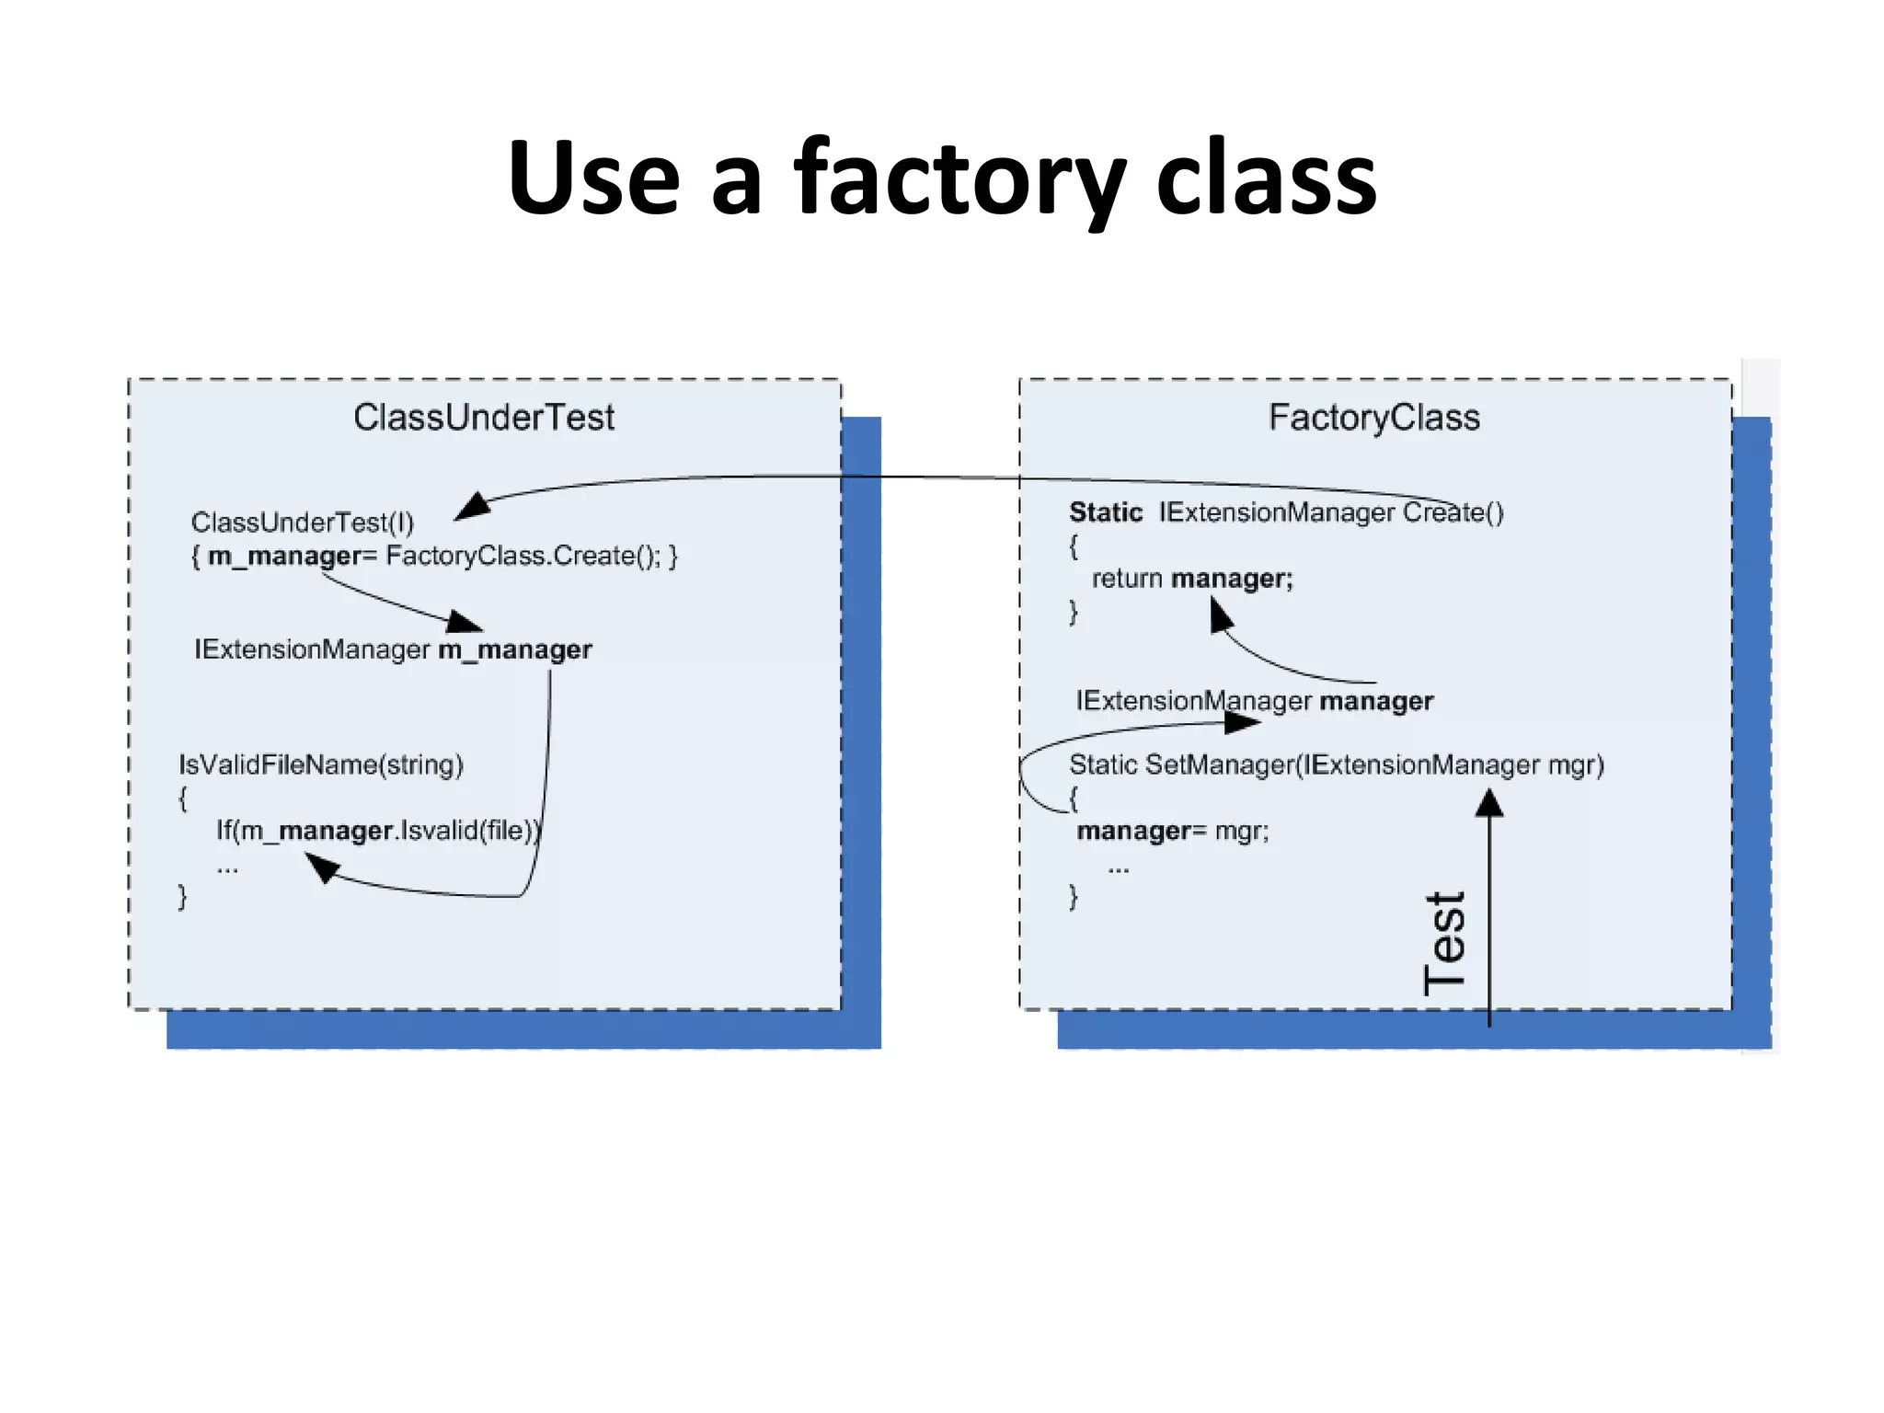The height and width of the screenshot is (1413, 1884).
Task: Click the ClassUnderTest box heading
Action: point(484,418)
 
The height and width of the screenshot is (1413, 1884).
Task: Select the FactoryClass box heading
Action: point(1374,418)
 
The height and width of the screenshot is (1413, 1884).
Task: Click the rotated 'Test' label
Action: point(1444,943)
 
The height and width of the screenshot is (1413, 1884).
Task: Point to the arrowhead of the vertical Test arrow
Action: point(1489,804)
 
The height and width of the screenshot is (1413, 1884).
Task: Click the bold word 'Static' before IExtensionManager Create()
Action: point(1105,512)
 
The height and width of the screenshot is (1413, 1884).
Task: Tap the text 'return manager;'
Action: point(1192,579)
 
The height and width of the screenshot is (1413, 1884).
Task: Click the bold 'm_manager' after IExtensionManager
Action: point(515,649)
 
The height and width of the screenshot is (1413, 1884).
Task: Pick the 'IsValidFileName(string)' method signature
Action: point(321,764)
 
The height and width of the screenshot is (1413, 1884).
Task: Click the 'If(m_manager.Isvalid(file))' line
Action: point(378,831)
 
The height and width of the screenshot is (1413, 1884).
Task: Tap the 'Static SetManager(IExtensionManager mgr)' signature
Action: point(1336,764)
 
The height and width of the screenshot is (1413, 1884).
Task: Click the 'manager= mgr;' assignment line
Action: point(1173,831)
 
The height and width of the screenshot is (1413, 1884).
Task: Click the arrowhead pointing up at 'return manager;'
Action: point(1220,615)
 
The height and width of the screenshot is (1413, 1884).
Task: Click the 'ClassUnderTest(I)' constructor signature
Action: point(303,523)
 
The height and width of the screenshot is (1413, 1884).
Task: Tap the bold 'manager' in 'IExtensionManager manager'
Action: point(1376,701)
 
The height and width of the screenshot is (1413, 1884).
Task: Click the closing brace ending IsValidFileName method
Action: point(182,896)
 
